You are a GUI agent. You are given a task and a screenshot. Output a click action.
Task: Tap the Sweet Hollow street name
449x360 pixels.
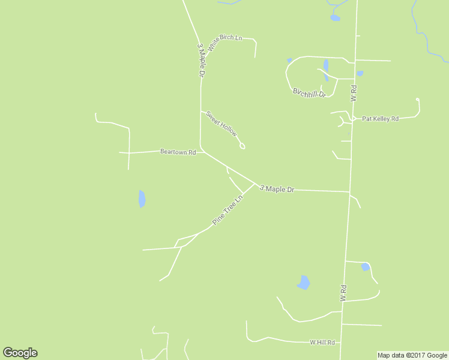[221, 124]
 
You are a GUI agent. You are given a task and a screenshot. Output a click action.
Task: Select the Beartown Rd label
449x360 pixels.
[178, 152]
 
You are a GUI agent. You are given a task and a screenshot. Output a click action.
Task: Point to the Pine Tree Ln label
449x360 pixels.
[228, 209]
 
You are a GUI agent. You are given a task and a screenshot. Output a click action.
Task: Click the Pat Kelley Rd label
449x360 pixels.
[380, 119]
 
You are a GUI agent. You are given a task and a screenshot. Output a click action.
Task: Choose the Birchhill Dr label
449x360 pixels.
[309, 93]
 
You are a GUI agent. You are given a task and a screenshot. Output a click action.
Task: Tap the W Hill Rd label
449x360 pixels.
[322, 343]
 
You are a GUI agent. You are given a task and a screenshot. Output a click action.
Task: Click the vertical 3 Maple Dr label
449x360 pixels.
[201, 59]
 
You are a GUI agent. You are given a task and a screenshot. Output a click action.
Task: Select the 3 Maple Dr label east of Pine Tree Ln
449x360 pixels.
[277, 189]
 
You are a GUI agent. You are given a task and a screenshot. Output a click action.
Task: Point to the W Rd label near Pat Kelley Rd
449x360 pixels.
[354, 93]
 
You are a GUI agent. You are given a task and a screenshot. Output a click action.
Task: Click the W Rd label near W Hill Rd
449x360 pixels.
[343, 293]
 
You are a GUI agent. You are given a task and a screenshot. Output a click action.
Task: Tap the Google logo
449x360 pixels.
[20, 353]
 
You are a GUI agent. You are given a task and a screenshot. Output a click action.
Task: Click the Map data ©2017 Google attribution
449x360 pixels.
[412, 355]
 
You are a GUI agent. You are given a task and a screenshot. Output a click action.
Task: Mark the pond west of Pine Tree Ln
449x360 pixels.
[142, 199]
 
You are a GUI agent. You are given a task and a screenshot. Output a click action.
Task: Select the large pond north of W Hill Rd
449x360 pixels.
[304, 283]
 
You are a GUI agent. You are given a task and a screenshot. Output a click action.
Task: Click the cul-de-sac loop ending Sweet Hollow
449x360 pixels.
[243, 146]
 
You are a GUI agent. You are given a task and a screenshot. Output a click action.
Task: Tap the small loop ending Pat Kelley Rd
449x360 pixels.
[417, 100]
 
